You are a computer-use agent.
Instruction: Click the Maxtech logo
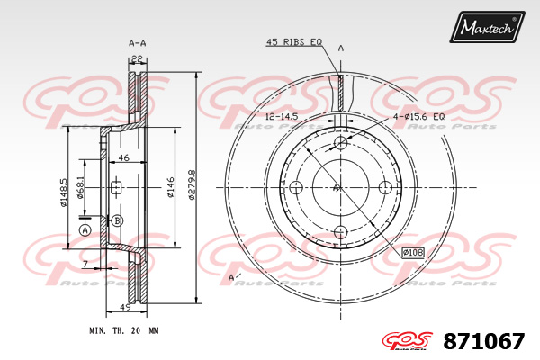pos(487,28)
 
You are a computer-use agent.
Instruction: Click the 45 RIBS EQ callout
pos(293,42)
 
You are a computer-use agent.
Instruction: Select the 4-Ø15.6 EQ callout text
pos(418,117)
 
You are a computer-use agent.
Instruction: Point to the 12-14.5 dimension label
pos(281,117)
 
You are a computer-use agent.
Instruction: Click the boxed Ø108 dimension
pos(413,252)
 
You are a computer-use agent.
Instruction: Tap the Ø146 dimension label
pos(170,187)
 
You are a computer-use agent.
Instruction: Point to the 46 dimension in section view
pos(123,157)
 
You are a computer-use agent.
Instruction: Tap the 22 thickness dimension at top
pos(137,59)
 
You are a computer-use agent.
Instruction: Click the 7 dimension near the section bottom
pos(84,265)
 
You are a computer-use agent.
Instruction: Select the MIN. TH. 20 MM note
pos(124,331)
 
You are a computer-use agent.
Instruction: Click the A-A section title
pos(137,42)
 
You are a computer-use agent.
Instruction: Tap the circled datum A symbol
pos(85,230)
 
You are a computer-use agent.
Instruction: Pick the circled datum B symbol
pos(117,220)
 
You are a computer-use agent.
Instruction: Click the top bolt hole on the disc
pos(340,143)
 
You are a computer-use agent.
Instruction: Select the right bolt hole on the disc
pos(385,187)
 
